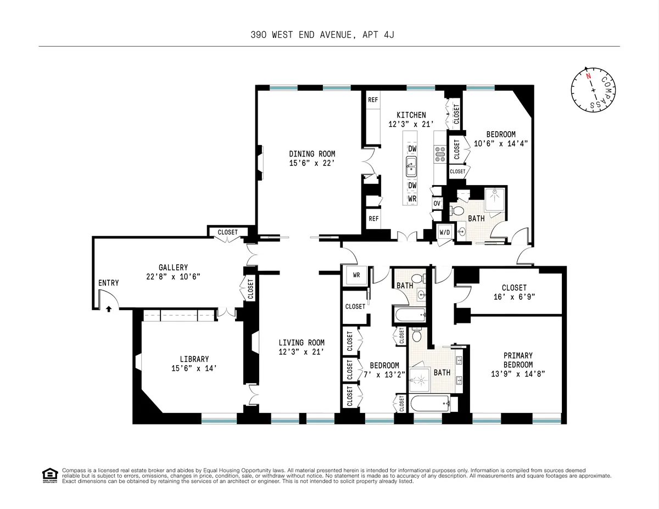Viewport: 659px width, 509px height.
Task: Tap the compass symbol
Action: [x=594, y=90]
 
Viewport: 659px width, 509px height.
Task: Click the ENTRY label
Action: [x=108, y=283]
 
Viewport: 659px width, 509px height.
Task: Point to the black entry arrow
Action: [x=109, y=309]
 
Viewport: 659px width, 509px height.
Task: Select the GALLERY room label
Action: [x=174, y=267]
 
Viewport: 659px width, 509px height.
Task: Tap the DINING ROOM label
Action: [x=312, y=154]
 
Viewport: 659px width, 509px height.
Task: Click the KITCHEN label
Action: [x=411, y=115]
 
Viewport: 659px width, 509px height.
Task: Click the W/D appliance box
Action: [x=444, y=232]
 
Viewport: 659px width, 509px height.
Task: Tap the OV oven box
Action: [x=437, y=203]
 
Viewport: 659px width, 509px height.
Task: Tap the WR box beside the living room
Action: [x=356, y=275]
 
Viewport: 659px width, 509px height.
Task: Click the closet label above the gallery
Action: [x=228, y=232]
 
